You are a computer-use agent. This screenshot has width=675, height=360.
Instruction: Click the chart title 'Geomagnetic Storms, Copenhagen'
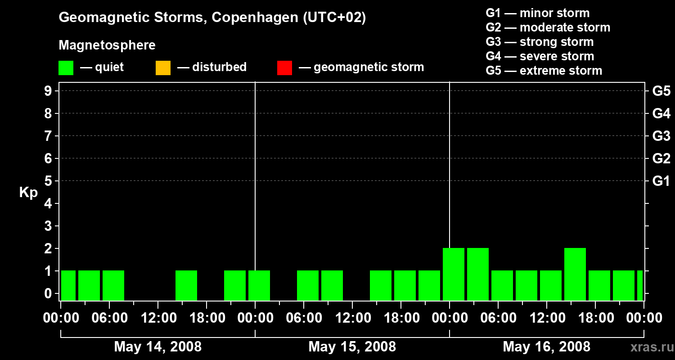[x=178, y=18]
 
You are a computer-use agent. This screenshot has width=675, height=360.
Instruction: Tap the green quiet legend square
[x=66, y=68]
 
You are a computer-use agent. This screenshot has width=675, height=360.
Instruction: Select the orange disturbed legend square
[x=163, y=68]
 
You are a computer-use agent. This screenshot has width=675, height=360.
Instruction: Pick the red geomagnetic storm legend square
[x=284, y=68]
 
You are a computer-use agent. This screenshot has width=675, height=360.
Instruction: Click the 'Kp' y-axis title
[x=28, y=193]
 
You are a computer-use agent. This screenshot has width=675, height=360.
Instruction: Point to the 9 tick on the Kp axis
[x=48, y=91]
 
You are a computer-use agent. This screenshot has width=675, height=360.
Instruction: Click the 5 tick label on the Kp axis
[x=48, y=181]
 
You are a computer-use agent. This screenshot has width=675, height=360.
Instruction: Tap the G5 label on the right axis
[x=661, y=91]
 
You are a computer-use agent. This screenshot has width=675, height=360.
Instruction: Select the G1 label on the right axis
[x=661, y=181]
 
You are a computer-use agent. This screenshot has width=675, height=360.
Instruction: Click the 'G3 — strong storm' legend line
[x=540, y=42]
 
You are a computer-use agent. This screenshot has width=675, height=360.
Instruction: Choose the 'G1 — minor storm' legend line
[x=538, y=13]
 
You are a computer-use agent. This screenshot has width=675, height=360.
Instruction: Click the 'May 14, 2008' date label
[x=158, y=347]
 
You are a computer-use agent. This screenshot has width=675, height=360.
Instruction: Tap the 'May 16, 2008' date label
[x=547, y=347]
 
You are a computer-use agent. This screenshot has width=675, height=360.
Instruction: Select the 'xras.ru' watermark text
[x=652, y=347]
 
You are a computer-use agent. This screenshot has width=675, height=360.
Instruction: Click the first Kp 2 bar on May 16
[x=454, y=274]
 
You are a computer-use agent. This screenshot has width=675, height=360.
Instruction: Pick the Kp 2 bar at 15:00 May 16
[x=575, y=274]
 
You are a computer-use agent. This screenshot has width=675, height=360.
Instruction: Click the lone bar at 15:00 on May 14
[x=186, y=286]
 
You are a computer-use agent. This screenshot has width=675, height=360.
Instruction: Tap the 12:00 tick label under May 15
[x=353, y=318]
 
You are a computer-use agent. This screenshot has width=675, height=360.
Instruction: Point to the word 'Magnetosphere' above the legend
[x=107, y=45]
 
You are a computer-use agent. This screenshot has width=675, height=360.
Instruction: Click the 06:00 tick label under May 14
[x=109, y=318]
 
